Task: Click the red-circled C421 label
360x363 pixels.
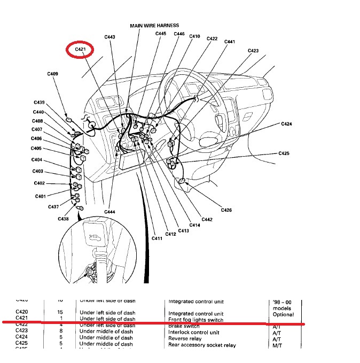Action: click(80, 50)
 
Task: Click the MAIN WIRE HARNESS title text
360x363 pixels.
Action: click(154, 25)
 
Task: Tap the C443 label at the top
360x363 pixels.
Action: click(109, 37)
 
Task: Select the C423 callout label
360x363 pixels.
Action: click(253, 51)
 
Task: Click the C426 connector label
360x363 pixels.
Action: click(226, 210)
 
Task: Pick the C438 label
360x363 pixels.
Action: click(64, 219)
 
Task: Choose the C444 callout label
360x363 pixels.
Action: click(109, 212)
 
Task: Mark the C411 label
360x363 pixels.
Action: click(156, 238)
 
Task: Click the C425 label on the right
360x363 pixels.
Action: click(284, 153)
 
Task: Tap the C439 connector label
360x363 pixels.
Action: click(40, 102)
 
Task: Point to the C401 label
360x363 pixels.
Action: click(41, 196)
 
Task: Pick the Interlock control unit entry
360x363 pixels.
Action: click(191, 332)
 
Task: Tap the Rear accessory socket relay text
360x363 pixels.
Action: click(202, 345)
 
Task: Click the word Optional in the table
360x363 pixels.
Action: click(284, 314)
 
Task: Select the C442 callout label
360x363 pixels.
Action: click(207, 220)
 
